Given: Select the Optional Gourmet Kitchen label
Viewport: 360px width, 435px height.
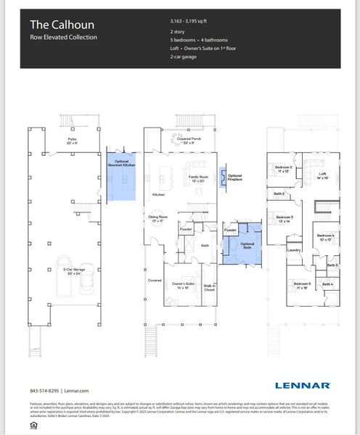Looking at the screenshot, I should (121, 164).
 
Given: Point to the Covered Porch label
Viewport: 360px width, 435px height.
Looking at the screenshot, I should (188, 140).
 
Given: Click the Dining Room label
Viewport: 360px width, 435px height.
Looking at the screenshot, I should (158, 217).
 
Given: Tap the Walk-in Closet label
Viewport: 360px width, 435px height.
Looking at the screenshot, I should (209, 289).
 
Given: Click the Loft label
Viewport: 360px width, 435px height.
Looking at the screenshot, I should (322, 174).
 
